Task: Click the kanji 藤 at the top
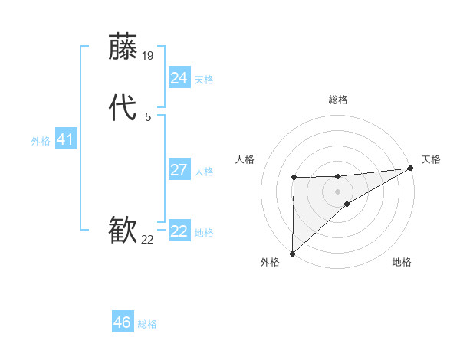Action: pyautogui.click(x=123, y=47)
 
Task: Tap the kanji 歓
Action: pyautogui.click(x=123, y=231)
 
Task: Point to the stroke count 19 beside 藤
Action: pyautogui.click(x=149, y=56)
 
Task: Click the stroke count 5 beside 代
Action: pyautogui.click(x=148, y=117)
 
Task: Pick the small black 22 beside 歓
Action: pyautogui.click(x=148, y=240)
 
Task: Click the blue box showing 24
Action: pyautogui.click(x=179, y=78)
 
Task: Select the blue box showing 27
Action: pyautogui.click(x=179, y=170)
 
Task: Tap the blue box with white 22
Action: pyautogui.click(x=179, y=231)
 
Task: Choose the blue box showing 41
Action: pyautogui.click(x=65, y=139)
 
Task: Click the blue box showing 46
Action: pyautogui.click(x=122, y=322)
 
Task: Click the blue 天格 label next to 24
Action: pyautogui.click(x=204, y=80)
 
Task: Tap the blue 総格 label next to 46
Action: pyautogui.click(x=147, y=324)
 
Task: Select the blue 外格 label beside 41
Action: pyautogui.click(x=41, y=141)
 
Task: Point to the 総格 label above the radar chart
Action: pyautogui.click(x=338, y=100)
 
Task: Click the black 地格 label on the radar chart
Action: pyautogui.click(x=402, y=263)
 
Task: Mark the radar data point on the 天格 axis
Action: pyautogui.click(x=411, y=169)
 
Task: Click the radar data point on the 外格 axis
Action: pyautogui.click(x=292, y=253)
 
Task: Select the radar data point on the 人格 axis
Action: pyautogui.click(x=294, y=178)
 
